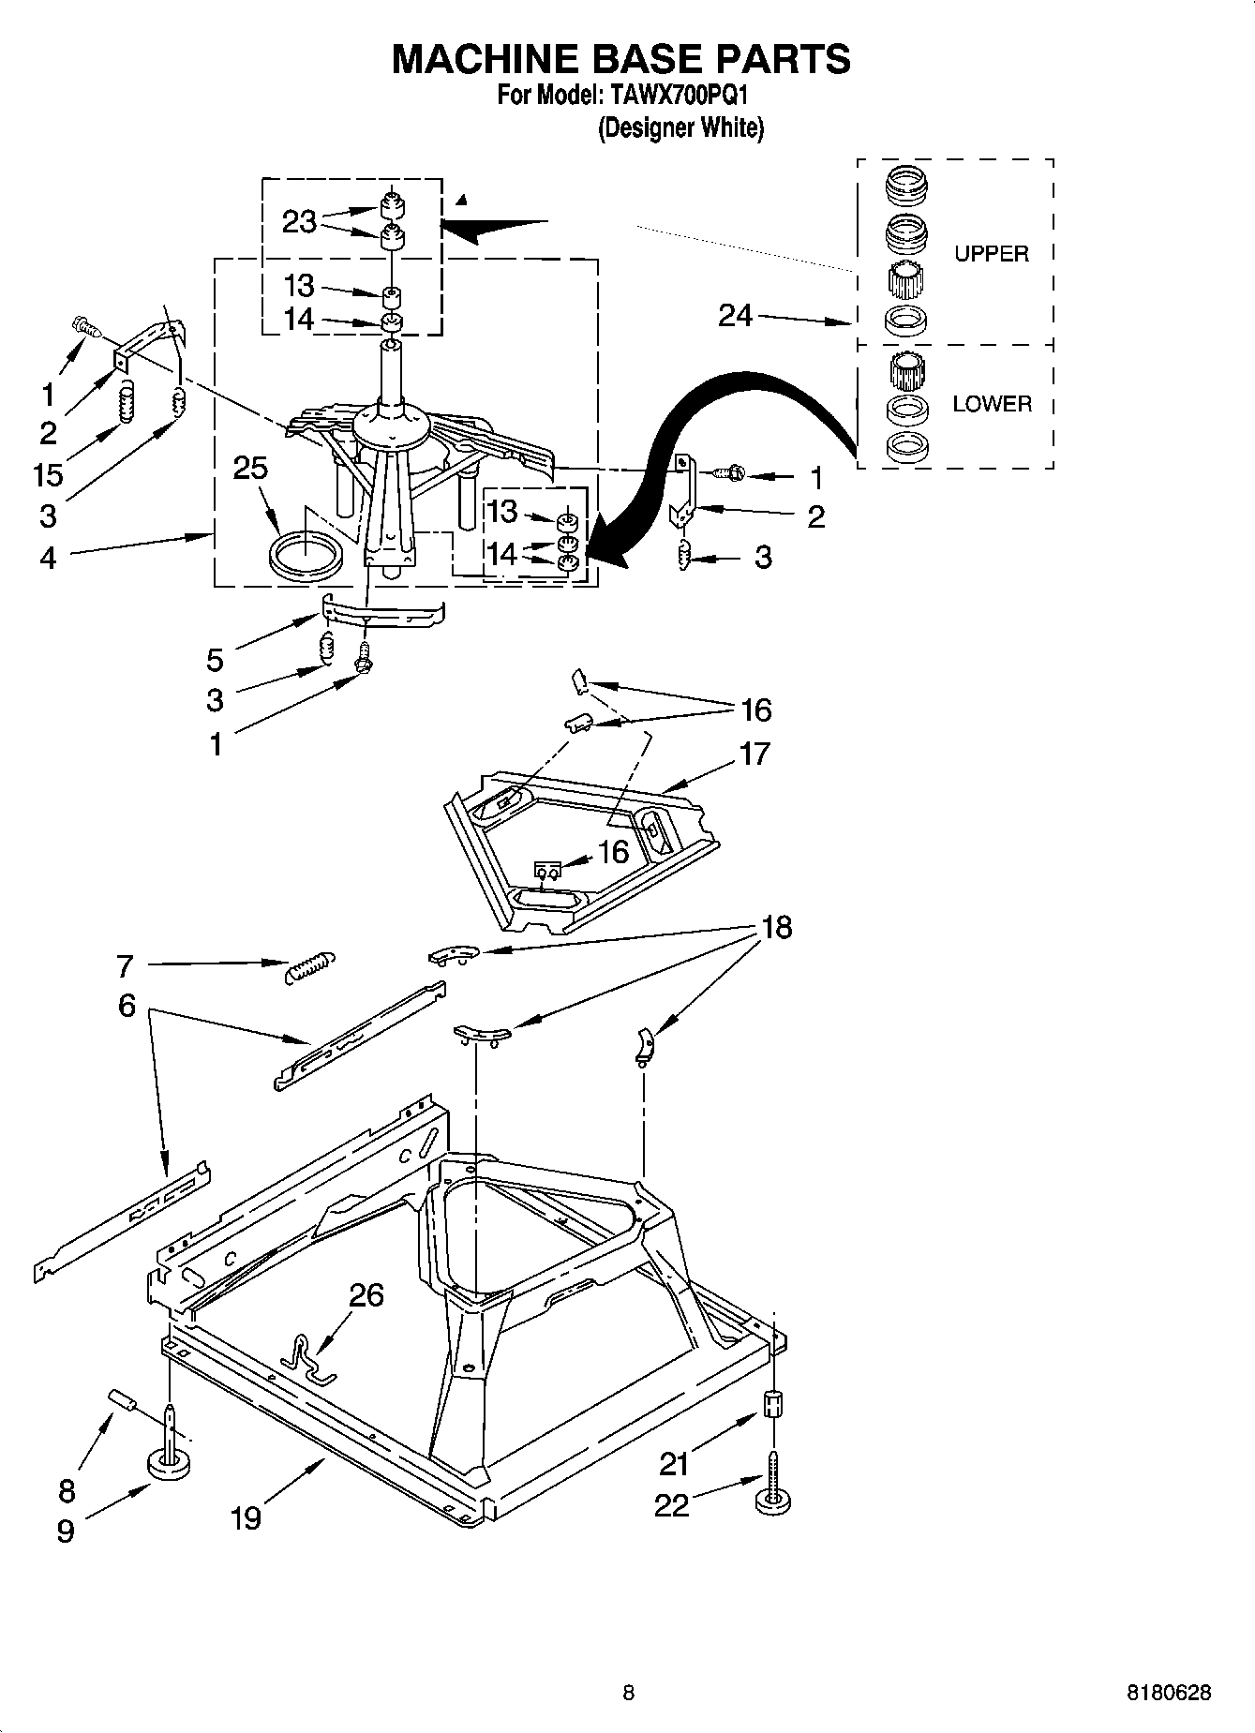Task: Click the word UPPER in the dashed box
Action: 991,254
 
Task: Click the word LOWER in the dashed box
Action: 992,404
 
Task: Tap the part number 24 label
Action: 735,316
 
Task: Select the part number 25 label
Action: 250,468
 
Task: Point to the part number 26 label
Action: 366,1294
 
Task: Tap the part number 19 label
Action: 246,1517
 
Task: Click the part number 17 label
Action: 754,754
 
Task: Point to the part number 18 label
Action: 777,927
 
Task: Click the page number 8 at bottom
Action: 628,1693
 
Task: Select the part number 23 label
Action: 299,223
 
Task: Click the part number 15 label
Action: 47,474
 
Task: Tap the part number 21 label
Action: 675,1462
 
